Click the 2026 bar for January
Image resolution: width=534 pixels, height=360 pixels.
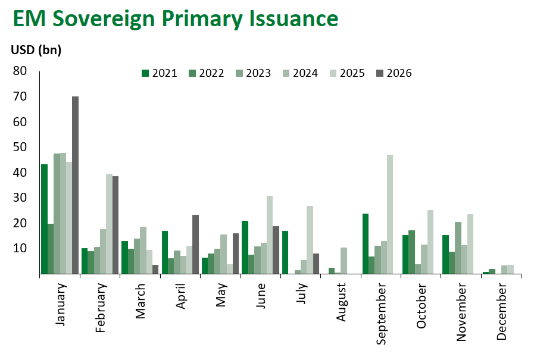tap(75, 185)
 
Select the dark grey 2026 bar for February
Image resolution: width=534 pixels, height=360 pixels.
tap(115, 225)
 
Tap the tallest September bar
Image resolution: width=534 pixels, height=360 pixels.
tap(390, 214)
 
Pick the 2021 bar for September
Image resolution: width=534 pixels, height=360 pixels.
tap(366, 243)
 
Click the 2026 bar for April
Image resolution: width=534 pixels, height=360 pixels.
tap(195, 245)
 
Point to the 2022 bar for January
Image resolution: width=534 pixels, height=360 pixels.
tap(51, 249)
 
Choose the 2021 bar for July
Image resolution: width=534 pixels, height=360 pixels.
tap(285, 252)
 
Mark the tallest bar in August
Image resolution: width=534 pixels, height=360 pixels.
tap(344, 261)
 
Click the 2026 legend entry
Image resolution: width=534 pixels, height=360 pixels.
tap(394, 73)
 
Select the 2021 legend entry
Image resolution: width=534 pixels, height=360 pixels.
tap(160, 73)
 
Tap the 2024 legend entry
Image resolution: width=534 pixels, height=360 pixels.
tap(300, 73)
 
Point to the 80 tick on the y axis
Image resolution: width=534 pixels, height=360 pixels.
tap(20, 71)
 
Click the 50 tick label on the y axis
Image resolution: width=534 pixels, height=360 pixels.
tap(20, 147)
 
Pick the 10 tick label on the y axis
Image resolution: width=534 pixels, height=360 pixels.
tap(20, 248)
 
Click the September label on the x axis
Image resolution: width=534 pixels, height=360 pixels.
tap(381, 314)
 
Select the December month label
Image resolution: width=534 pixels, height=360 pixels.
tap(501, 312)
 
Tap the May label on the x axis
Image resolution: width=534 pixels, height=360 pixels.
tap(221, 295)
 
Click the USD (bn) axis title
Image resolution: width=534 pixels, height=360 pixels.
tap(36, 50)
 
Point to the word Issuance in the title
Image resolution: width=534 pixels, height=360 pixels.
tap(293, 18)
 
